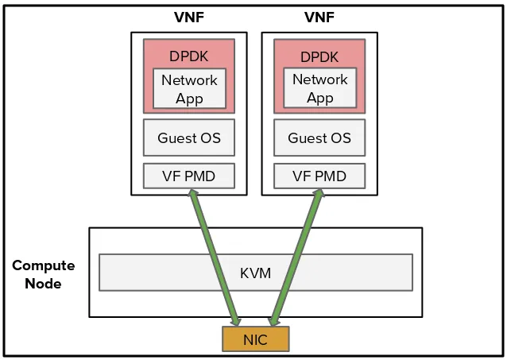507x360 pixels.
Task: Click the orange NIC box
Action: pyautogui.click(x=255, y=339)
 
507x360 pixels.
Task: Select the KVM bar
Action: pyautogui.click(x=255, y=273)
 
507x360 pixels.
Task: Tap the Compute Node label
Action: pyautogui.click(x=43, y=274)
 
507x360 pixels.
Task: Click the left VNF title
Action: pyautogui.click(x=188, y=17)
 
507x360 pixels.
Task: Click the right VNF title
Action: pyautogui.click(x=319, y=17)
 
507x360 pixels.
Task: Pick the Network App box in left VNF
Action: pyautogui.click(x=189, y=88)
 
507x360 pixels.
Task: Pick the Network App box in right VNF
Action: pyautogui.click(x=319, y=88)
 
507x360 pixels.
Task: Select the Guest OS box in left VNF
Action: pyautogui.click(x=189, y=137)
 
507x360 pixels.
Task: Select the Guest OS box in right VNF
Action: pyautogui.click(x=319, y=137)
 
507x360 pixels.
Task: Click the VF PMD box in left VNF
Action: pyautogui.click(x=189, y=176)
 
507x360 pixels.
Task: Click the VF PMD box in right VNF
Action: pyautogui.click(x=319, y=176)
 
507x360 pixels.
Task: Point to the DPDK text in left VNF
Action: pyautogui.click(x=188, y=56)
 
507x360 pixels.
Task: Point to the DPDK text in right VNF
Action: pyautogui.click(x=319, y=56)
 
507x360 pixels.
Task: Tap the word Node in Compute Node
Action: pyautogui.click(x=43, y=284)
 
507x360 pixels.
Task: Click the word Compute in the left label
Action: pyautogui.click(x=43, y=265)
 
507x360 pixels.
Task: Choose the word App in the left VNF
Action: pyautogui.click(x=189, y=99)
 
